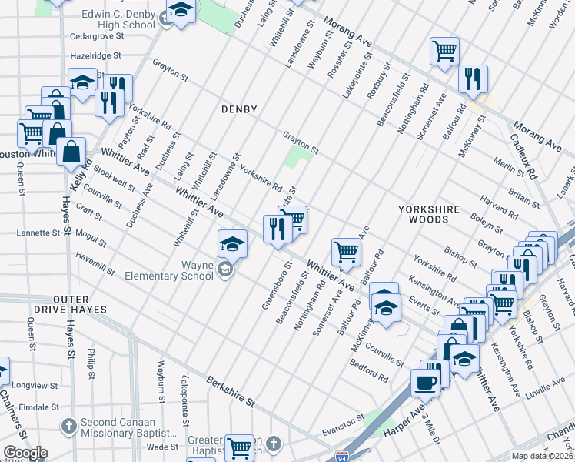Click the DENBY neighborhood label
[x=238, y=109]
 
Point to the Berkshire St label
[x=231, y=392]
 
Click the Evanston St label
[x=344, y=424]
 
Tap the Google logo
[x=25, y=452]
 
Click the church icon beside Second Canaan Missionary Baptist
[x=68, y=425]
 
